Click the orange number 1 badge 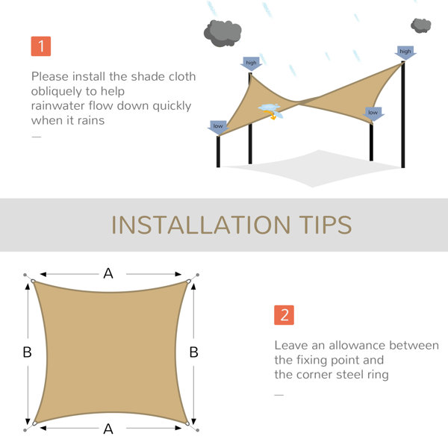(x=41, y=46)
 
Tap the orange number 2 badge (x=284, y=315)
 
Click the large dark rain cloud (x=223, y=33)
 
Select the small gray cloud (x=421, y=25)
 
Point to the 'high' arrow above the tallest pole (x=405, y=52)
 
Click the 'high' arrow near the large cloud (x=251, y=63)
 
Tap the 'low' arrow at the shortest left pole (x=218, y=128)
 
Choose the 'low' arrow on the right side (x=373, y=113)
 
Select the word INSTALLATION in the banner (x=201, y=225)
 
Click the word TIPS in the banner (x=326, y=225)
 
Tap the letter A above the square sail (x=108, y=273)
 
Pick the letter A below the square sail (x=108, y=429)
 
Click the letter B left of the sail (x=27, y=352)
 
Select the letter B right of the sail (x=193, y=352)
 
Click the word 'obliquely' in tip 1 (x=56, y=92)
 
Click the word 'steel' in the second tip (x=350, y=375)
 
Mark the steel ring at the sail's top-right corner (x=188, y=281)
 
